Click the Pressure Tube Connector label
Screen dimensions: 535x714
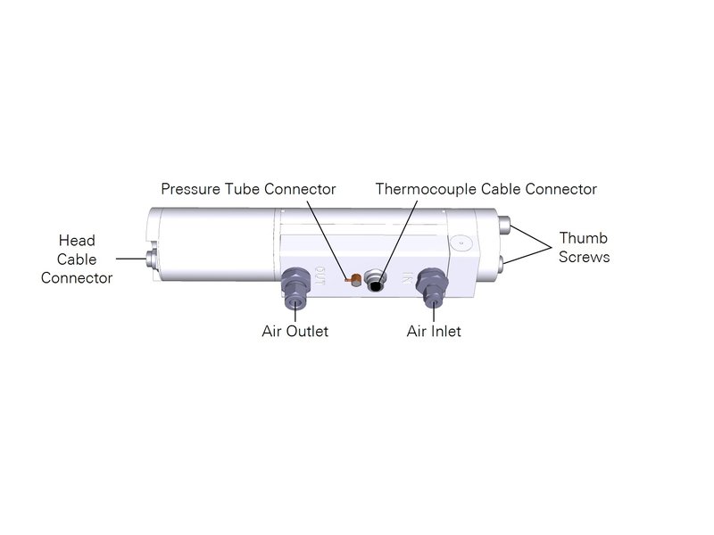[248, 189]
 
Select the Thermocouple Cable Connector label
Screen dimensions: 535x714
[486, 189]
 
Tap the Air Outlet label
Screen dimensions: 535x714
[295, 332]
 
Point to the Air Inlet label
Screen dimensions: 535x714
[434, 332]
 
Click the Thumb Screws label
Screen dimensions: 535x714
[585, 248]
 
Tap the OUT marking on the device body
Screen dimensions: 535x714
[320, 276]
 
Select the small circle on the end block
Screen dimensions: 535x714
[460, 242]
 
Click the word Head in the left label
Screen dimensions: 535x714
[77, 241]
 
